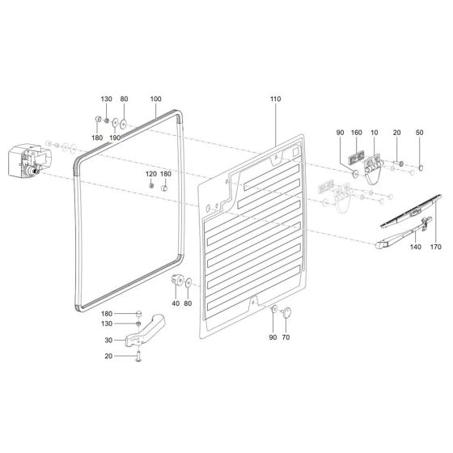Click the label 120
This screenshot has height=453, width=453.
coord(150,175)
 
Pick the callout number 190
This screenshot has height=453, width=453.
coord(115,138)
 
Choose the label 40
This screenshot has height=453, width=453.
coord(175,303)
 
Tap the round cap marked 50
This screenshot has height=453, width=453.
coord(421,169)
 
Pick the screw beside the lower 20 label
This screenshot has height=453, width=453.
coord(138,356)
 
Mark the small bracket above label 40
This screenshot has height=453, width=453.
coord(176,282)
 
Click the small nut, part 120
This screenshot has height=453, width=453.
coord(150,186)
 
